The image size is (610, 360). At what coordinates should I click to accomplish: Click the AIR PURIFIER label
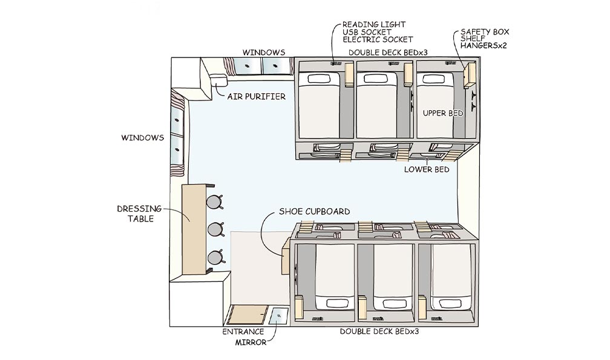tap(256, 96)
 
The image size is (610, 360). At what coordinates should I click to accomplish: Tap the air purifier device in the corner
tap(218, 79)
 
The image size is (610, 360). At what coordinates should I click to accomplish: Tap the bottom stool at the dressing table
tap(215, 258)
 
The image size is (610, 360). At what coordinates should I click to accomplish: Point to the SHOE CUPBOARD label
tap(314, 212)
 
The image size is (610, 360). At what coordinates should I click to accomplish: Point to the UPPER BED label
tap(444, 113)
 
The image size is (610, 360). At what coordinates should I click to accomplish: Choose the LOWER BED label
tap(427, 169)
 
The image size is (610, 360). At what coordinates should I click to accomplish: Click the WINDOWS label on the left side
tap(143, 138)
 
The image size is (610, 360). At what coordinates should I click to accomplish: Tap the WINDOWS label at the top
tap(264, 53)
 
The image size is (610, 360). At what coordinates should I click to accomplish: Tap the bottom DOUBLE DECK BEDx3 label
tap(379, 332)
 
